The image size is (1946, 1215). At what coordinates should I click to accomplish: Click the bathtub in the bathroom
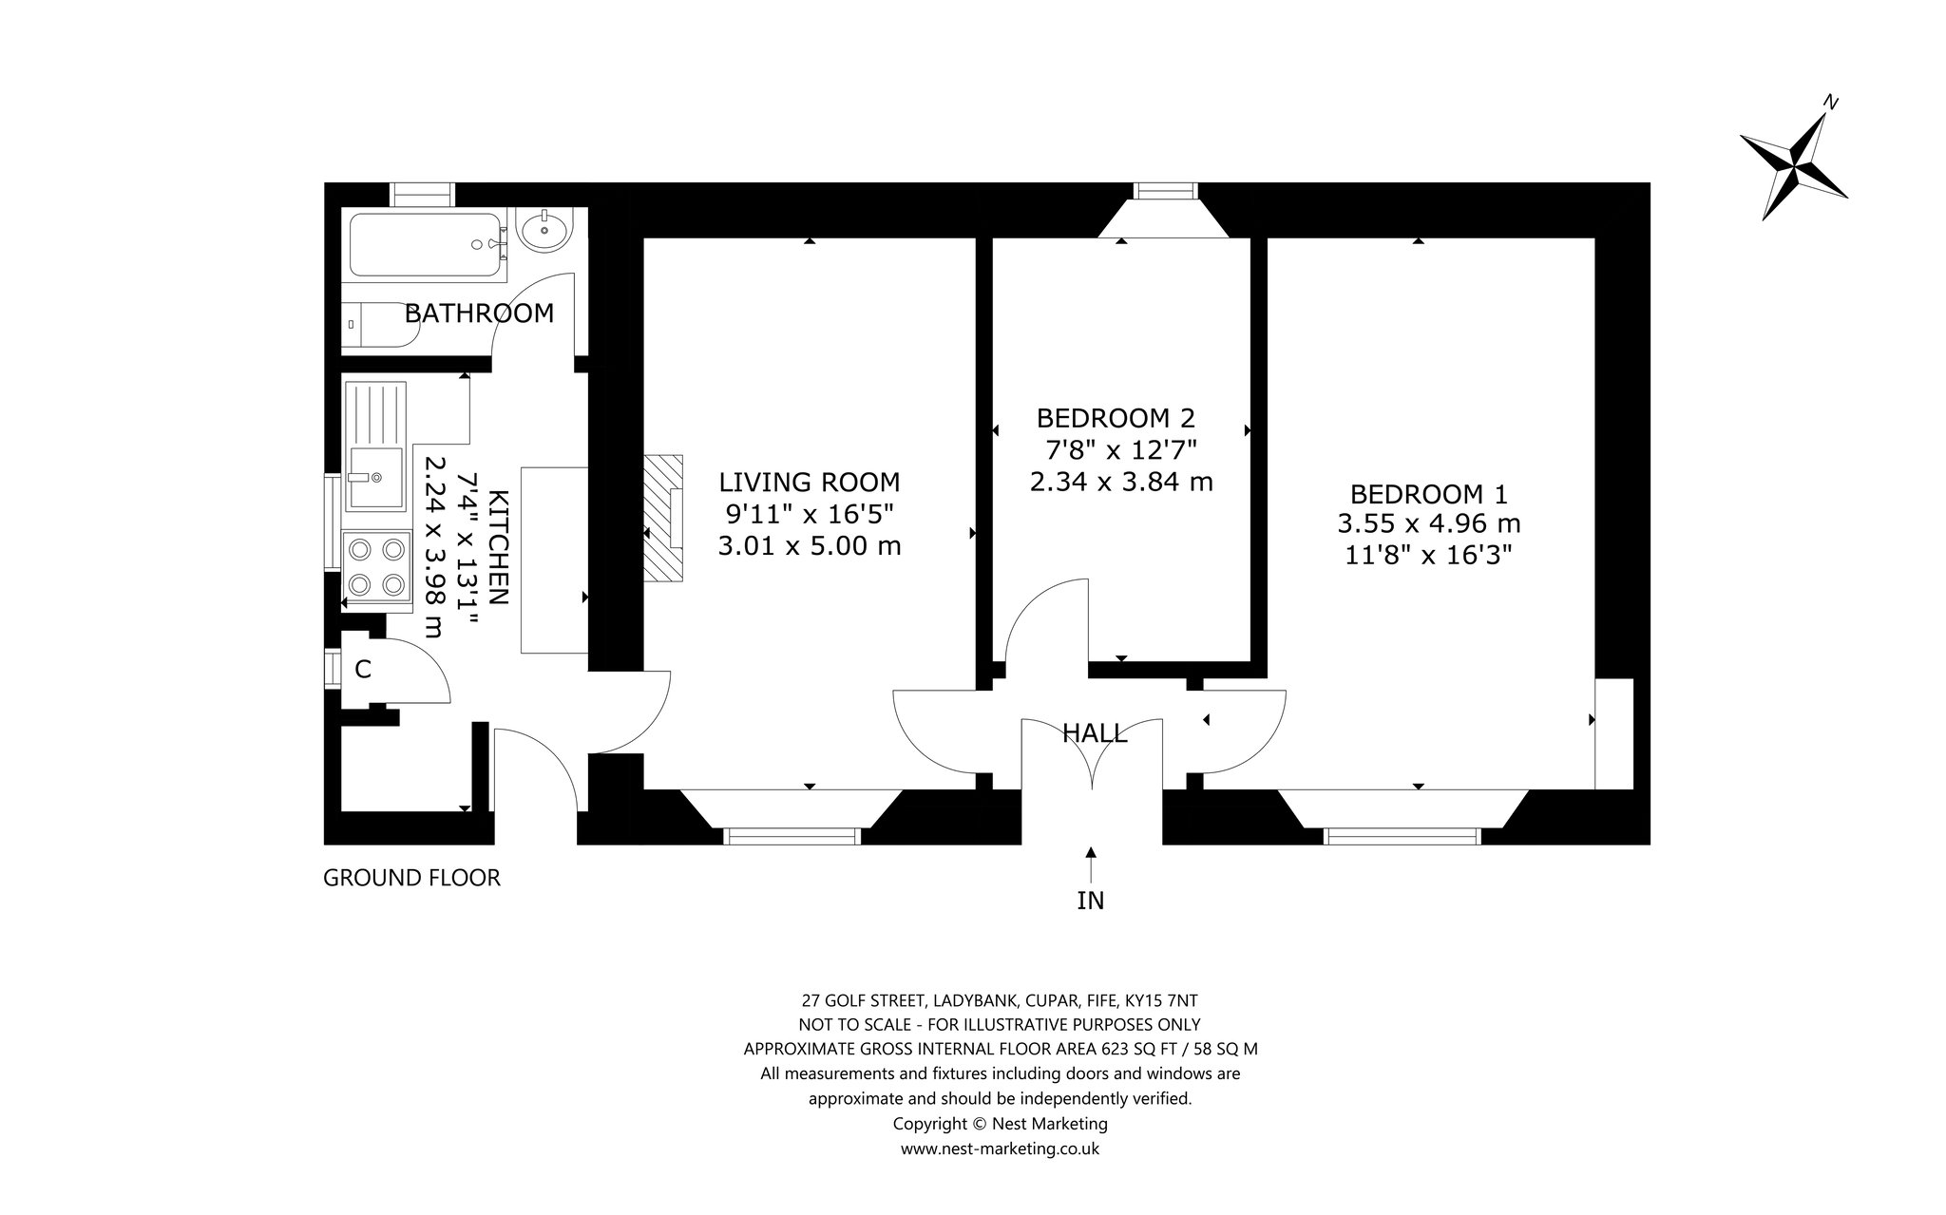427,245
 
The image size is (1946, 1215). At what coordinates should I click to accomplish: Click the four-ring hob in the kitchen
377,566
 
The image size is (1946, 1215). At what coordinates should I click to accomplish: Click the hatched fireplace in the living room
663,518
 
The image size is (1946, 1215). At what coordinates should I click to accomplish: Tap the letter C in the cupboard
363,670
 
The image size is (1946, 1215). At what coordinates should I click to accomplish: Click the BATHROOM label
479,313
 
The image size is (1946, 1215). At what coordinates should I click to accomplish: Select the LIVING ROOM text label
809,482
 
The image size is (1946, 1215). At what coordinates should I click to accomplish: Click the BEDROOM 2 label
1116,418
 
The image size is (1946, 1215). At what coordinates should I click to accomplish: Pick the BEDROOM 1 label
1428,494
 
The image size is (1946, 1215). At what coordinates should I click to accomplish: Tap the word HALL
1095,732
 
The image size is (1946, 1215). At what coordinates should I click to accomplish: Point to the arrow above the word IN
1091,864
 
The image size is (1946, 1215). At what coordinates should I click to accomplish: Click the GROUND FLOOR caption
411,878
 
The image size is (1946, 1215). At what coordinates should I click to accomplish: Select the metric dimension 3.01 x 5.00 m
810,546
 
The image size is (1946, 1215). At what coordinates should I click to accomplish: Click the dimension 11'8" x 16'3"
1428,554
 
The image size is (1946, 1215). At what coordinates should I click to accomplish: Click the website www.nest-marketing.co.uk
1000,1149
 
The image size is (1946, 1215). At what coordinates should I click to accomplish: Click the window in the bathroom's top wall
422,194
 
